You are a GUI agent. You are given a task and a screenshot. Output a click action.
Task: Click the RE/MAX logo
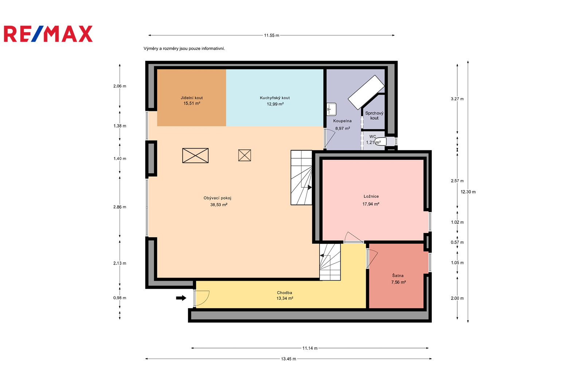48,34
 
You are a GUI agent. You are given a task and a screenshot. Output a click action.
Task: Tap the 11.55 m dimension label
271,35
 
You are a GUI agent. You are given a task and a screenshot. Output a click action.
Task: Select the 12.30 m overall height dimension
468,192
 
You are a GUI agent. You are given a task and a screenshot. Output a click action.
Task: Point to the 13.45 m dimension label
288,359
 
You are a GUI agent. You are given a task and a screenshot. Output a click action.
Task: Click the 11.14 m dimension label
310,348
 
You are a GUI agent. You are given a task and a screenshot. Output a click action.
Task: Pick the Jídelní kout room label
192,98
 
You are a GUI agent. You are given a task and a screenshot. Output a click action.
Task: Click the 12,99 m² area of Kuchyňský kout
275,104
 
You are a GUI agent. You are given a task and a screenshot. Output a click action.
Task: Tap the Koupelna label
342,121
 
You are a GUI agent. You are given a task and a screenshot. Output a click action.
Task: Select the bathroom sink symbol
332,109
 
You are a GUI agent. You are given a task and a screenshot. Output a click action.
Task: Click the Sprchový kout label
374,115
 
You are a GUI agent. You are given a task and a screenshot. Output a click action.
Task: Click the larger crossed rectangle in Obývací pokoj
195,155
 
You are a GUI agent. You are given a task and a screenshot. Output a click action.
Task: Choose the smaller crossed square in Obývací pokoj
244,155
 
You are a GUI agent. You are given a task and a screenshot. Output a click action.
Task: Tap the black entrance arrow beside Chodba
181,298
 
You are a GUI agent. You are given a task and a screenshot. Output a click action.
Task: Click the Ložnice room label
371,196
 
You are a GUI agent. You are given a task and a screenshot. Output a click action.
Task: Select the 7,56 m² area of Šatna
399,282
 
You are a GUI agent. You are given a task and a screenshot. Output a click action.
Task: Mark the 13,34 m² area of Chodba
285,298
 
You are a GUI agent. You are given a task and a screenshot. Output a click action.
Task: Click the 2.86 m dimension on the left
120,207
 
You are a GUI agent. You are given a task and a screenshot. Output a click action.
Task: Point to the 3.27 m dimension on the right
457,99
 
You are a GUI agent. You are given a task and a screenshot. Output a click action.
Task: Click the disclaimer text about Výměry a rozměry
184,49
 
